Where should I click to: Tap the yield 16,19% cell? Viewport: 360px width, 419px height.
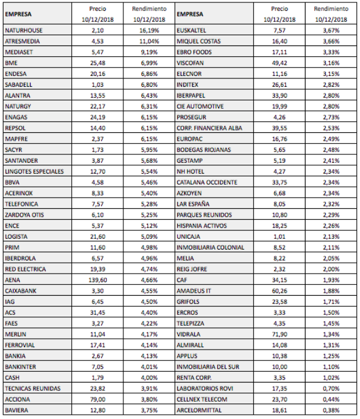pyautogui.click(x=147, y=29)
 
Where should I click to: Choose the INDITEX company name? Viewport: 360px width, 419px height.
pyautogui.click(x=189, y=84)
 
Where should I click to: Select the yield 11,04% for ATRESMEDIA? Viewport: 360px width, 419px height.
pyautogui.click(x=147, y=40)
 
